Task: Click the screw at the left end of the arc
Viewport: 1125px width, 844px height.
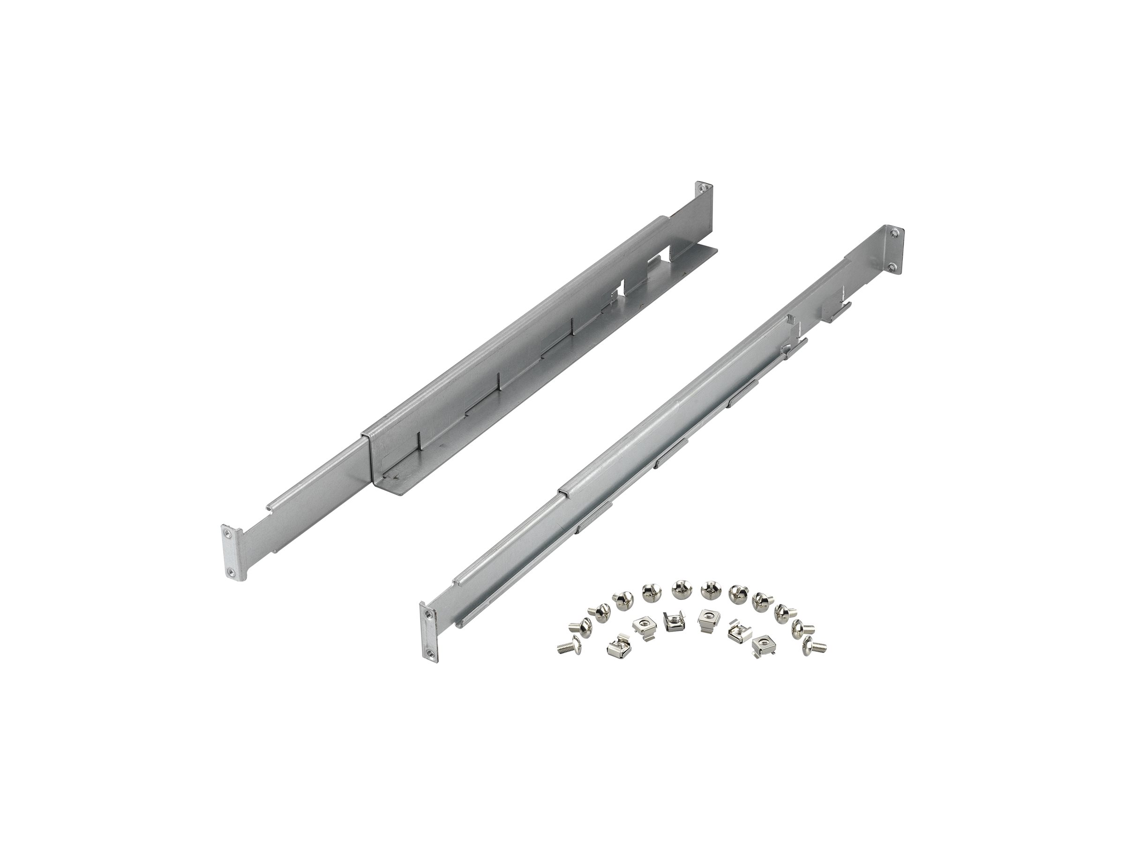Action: point(569,647)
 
